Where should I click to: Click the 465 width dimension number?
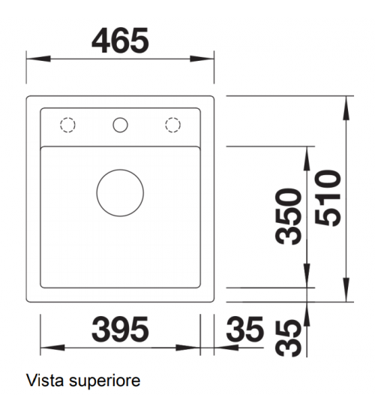click(x=120, y=41)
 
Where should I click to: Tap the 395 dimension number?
click(x=120, y=329)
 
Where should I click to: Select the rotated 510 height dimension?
click(x=328, y=198)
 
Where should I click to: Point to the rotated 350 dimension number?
click(x=289, y=216)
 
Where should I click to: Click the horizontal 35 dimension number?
click(x=244, y=329)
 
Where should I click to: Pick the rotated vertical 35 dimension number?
click(x=289, y=339)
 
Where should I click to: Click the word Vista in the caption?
click(x=45, y=381)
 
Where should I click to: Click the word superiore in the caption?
click(x=104, y=382)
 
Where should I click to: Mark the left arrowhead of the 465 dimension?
click(x=38, y=59)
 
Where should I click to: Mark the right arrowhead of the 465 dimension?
click(x=202, y=59)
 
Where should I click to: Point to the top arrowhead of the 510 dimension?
click(x=346, y=108)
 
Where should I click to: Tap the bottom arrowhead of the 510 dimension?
click(x=346, y=289)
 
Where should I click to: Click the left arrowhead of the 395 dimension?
click(x=52, y=348)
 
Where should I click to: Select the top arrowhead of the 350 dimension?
click(x=307, y=158)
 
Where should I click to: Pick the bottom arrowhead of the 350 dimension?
click(x=307, y=276)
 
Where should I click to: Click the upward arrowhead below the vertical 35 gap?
click(x=307, y=315)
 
